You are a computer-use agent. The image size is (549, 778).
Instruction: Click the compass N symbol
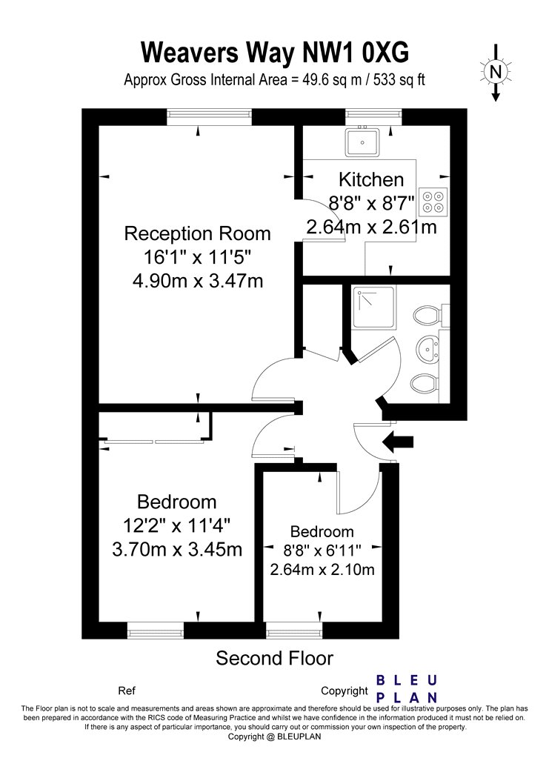pyautogui.click(x=495, y=73)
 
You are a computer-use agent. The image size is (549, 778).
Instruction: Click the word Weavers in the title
pyautogui.click(x=190, y=52)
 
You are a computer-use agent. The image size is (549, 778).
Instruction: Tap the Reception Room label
pyautogui.click(x=197, y=233)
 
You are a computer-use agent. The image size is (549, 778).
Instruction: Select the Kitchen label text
pyautogui.click(x=371, y=179)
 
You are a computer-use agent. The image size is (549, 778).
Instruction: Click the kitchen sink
pyautogui.click(x=363, y=142)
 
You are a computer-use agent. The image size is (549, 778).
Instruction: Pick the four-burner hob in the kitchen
pyautogui.click(x=433, y=202)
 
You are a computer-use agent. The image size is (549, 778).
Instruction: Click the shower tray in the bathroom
pyautogui.click(x=374, y=307)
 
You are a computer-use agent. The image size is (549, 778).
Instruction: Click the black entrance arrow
pyautogui.click(x=399, y=442)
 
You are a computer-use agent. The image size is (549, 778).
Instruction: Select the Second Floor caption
pyautogui.click(x=274, y=659)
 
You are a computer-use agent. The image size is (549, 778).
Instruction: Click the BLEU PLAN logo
pyautogui.click(x=407, y=688)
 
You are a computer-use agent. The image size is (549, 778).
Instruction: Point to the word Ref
pyautogui.click(x=127, y=691)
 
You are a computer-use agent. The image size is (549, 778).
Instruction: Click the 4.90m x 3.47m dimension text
pyautogui.click(x=197, y=282)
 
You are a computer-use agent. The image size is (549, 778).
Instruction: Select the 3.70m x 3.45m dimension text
pyautogui.click(x=177, y=549)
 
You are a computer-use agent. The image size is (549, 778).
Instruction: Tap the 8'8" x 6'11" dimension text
pyautogui.click(x=322, y=551)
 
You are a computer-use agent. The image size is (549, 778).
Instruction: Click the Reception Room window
pyautogui.click(x=209, y=117)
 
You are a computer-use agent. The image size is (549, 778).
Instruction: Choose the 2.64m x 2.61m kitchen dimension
pyautogui.click(x=371, y=227)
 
